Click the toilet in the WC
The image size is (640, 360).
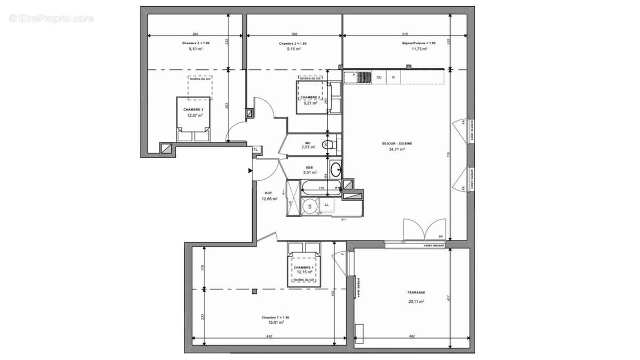point(329,144)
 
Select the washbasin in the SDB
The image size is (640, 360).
point(336,170)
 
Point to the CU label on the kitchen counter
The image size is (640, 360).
point(379,78)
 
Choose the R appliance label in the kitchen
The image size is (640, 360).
point(394,78)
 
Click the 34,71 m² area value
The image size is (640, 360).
point(397,150)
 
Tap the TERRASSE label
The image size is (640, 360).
point(416,292)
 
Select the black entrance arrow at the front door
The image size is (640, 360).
point(250,171)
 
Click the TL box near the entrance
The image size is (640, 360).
point(255,149)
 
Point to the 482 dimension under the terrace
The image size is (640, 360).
point(411,336)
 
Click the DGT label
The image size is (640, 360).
point(268,193)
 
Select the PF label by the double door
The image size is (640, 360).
point(441,236)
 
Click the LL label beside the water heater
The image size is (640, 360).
point(326,205)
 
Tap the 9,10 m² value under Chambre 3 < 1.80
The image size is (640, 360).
point(195,49)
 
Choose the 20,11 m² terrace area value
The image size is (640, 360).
point(416,301)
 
